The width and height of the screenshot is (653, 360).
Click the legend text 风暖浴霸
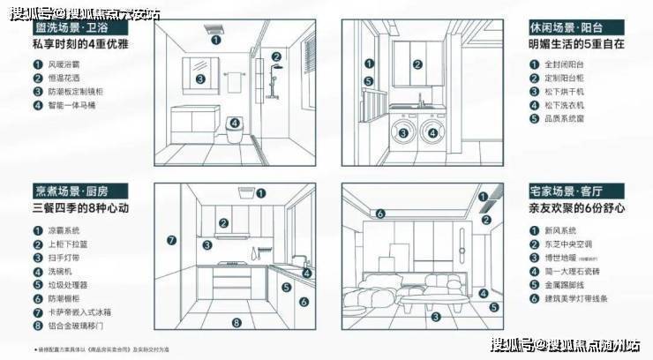pyautogui.click(x=64, y=64)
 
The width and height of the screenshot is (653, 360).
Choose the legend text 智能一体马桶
pyautogui.click(x=69, y=106)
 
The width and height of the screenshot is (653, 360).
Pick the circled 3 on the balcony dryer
pyautogui.click(x=403, y=133)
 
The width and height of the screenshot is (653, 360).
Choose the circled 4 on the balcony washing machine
pyautogui.click(x=432, y=133)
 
